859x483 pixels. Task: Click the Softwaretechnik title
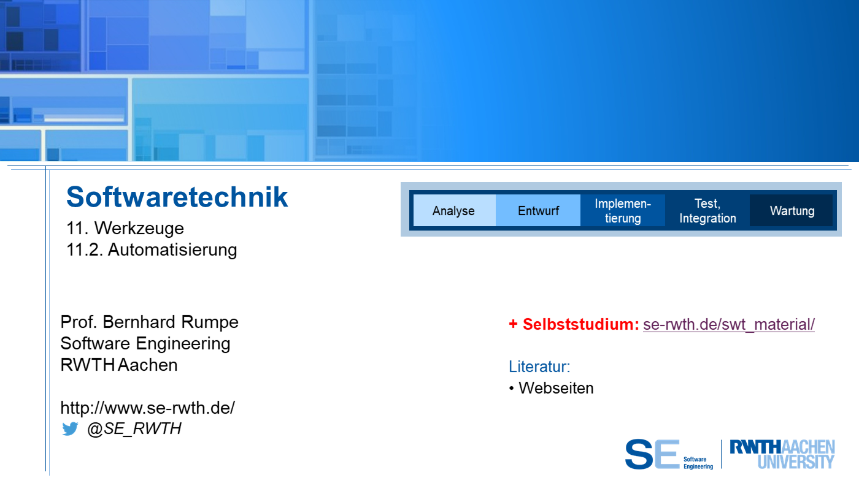click(177, 197)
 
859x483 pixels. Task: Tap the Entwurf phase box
click(538, 210)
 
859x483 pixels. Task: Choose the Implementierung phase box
click(623, 210)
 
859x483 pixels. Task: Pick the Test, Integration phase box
click(707, 210)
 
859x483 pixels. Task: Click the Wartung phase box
click(792, 210)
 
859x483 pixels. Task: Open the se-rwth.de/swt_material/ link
click(729, 324)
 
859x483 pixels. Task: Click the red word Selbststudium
click(580, 324)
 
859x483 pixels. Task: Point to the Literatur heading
click(539, 367)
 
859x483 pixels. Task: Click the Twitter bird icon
click(70, 428)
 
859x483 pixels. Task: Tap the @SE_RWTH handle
click(134, 428)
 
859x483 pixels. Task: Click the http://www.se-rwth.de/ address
click(148, 408)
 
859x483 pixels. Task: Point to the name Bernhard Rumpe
click(171, 322)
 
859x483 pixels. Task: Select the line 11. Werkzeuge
click(125, 228)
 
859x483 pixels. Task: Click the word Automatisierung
click(172, 249)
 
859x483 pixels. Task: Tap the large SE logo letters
click(652, 454)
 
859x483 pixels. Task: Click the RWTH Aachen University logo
click(782, 454)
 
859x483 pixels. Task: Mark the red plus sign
click(513, 324)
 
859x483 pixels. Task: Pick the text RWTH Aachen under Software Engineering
click(119, 365)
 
